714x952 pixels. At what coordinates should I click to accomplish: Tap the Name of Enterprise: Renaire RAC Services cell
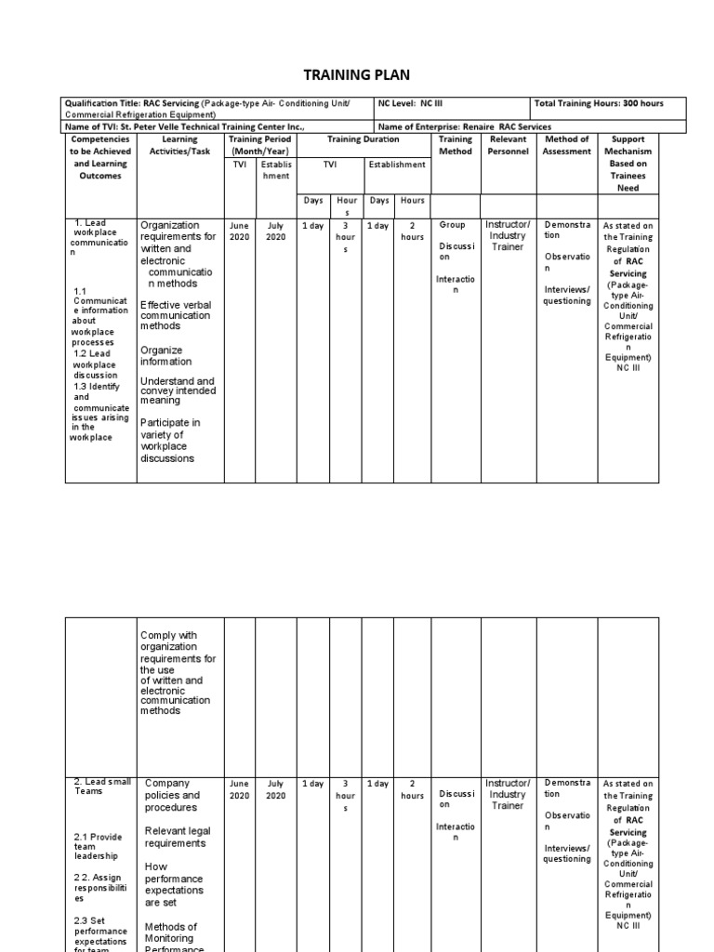[x=465, y=126]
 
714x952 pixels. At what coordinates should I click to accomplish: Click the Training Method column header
[x=456, y=145]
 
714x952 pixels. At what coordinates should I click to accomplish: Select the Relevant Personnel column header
[x=508, y=145]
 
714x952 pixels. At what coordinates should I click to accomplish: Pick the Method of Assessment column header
[x=566, y=145]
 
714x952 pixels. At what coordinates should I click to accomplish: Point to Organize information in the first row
[x=166, y=356]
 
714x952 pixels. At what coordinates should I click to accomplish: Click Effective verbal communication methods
[x=178, y=315]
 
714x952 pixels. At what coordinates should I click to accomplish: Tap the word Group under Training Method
[x=452, y=225]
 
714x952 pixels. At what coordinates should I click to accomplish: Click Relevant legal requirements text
[x=178, y=837]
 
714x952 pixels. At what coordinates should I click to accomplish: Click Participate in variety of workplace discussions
[x=170, y=441]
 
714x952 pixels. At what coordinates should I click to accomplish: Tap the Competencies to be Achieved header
[x=100, y=157]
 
